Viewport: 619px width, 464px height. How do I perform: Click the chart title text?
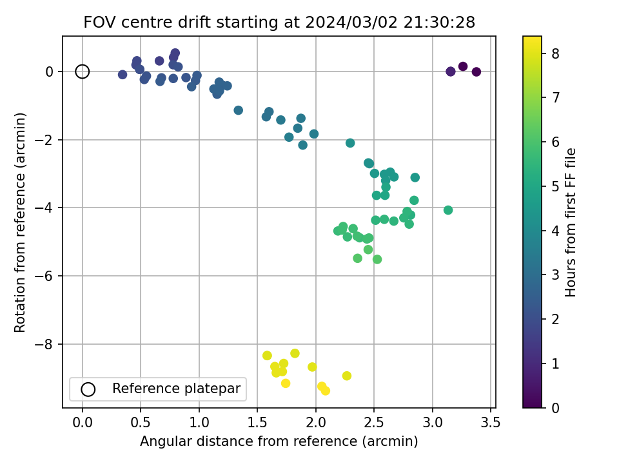tap(279, 23)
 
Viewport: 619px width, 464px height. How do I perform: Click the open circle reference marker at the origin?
tap(82, 72)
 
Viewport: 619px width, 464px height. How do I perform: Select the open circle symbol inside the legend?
tap(88, 389)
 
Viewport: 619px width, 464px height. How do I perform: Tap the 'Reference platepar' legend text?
tap(175, 389)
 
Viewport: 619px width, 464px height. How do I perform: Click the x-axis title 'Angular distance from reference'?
tap(279, 441)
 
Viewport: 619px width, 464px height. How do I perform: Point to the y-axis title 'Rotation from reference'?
tap(21, 222)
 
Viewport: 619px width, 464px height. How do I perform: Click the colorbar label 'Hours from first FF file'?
tap(571, 222)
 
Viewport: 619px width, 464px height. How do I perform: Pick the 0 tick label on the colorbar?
tap(553, 408)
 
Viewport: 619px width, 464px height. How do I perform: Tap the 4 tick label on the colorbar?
tap(553, 230)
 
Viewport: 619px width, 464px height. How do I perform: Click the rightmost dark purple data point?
tap(477, 72)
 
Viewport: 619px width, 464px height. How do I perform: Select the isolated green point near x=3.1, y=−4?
tap(448, 210)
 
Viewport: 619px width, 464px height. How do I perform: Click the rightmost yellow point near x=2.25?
tap(347, 376)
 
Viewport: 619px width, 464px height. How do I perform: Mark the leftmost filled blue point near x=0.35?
tap(123, 75)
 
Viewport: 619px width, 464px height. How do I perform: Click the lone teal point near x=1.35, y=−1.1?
tap(239, 110)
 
